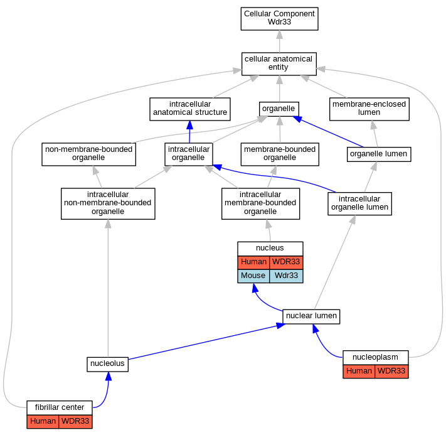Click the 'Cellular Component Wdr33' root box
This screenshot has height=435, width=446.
click(279, 19)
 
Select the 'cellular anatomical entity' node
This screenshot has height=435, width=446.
click(279, 64)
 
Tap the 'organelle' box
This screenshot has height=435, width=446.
click(279, 109)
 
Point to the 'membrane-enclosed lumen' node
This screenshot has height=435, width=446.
click(369, 109)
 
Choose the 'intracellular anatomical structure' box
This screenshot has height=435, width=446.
click(190, 109)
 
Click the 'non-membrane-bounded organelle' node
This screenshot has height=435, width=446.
click(88, 154)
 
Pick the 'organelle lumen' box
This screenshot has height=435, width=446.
click(379, 154)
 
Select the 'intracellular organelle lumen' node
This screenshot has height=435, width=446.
click(359, 203)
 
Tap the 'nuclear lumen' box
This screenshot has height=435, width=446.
click(311, 316)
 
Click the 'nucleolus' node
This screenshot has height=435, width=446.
click(107, 365)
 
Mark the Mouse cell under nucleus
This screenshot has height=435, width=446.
click(253, 276)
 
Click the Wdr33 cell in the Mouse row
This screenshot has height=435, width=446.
click(286, 276)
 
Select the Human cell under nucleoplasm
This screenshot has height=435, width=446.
click(359, 371)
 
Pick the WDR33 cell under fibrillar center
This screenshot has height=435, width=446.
click(75, 421)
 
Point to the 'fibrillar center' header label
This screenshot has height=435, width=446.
click(60, 407)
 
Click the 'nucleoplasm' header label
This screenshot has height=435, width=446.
click(376, 358)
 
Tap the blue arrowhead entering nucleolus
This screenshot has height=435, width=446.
click(109, 376)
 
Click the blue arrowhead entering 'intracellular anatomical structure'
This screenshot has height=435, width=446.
click(189, 125)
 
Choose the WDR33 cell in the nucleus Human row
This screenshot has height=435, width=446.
click(286, 262)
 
